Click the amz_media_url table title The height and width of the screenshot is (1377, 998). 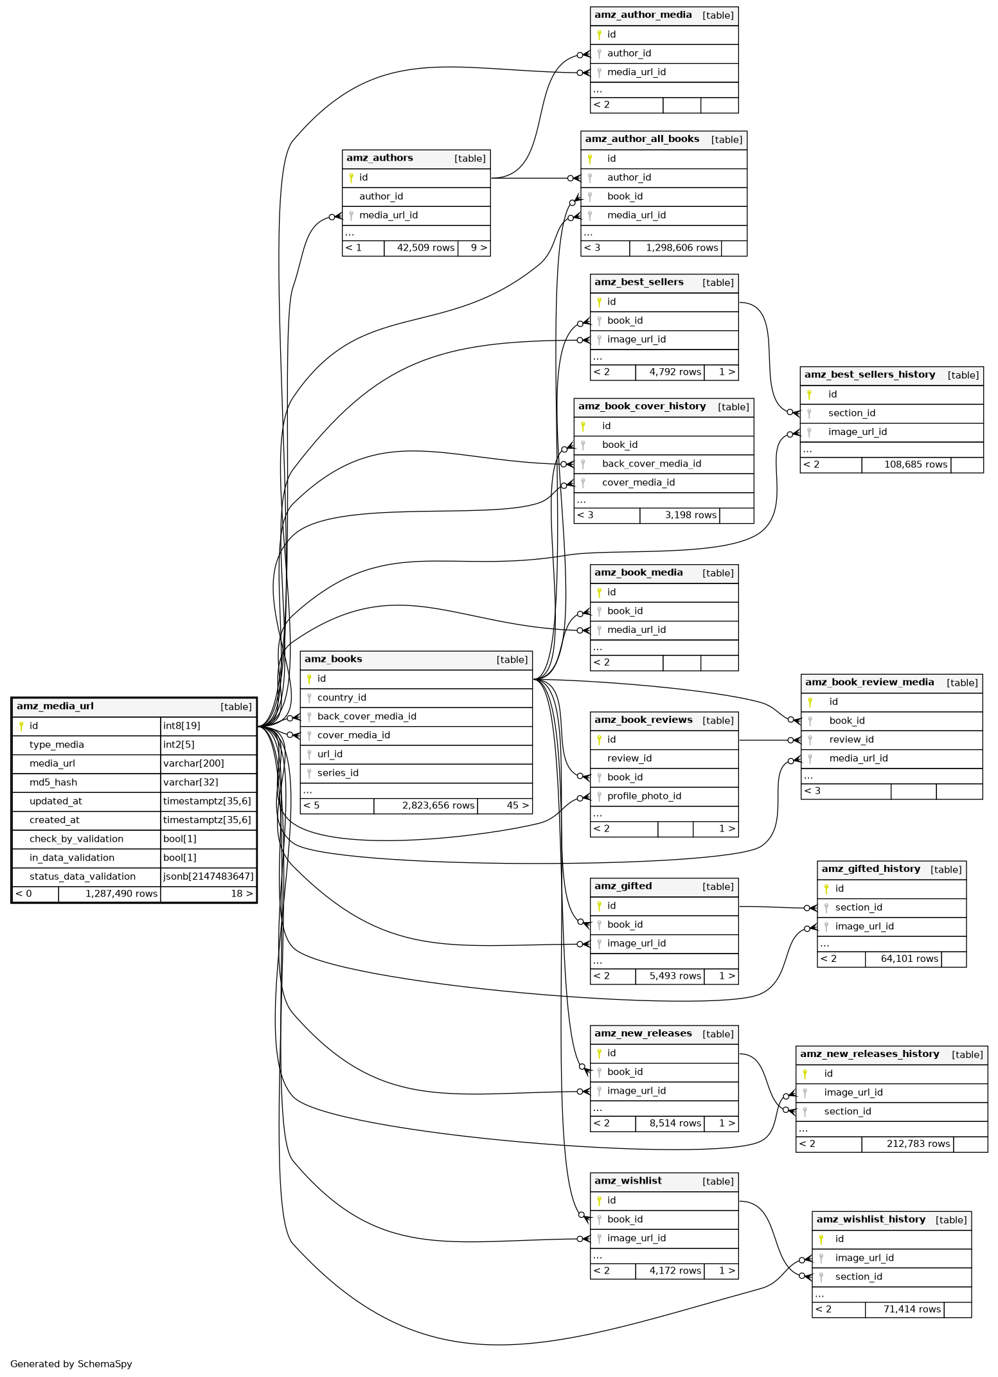pos(55,706)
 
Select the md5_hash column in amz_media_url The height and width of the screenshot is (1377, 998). pos(53,782)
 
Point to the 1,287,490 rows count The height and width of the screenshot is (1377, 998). pos(121,893)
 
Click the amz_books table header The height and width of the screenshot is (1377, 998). pos(333,659)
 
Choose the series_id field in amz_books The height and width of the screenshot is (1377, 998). pos(337,773)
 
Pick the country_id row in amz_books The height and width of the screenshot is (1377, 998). pos(341,697)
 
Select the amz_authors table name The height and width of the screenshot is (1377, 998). pos(379,158)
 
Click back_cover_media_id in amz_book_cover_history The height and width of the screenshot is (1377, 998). pos(651,463)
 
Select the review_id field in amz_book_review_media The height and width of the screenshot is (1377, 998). pos(851,740)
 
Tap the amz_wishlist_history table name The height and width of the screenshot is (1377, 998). pos(871,1220)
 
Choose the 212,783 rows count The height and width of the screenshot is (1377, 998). pos(918,1144)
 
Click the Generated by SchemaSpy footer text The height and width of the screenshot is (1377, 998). pos(71,1364)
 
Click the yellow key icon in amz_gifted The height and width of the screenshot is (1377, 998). pos(599,905)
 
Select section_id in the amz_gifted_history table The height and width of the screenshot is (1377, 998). pos(858,907)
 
